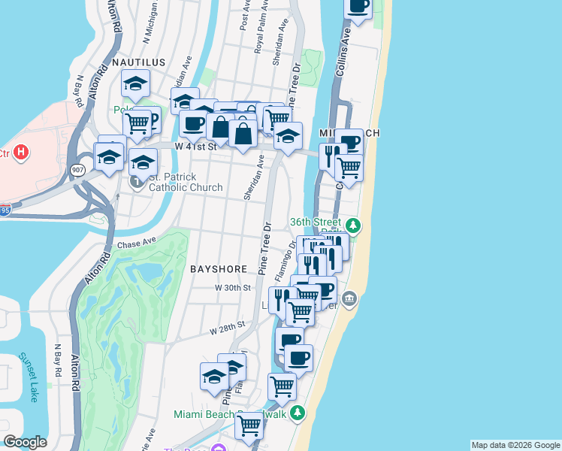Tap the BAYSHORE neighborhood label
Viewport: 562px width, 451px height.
click(x=219, y=268)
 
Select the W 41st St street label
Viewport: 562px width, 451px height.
click(x=195, y=147)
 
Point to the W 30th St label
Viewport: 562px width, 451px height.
click(x=232, y=288)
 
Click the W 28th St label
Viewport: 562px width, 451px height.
click(x=228, y=328)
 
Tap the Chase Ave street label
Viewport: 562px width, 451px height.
click(x=136, y=243)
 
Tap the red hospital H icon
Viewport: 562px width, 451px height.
click(x=22, y=153)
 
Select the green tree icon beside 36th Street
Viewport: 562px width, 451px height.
click(x=352, y=224)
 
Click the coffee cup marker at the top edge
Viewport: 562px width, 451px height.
click(x=358, y=6)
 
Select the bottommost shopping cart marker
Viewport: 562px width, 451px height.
click(x=249, y=425)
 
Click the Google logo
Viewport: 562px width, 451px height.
click(x=25, y=442)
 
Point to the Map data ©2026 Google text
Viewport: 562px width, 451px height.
click(x=515, y=445)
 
